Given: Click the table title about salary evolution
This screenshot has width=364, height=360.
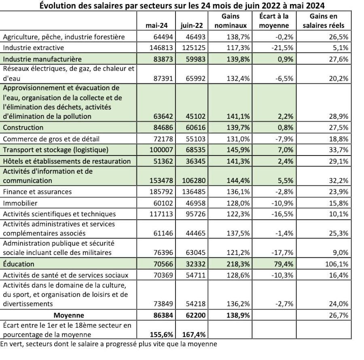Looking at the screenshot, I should [182, 6].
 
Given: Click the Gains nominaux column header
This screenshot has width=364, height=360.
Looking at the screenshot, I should [230, 21].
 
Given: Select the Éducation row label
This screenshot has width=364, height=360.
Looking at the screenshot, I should [19, 264].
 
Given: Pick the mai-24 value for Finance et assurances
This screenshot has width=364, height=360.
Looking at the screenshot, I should [161, 192].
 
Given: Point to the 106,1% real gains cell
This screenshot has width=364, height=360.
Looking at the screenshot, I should [338, 264].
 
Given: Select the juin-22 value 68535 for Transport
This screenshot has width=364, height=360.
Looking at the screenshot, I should [193, 150].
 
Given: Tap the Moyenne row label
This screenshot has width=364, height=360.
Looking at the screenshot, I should [68, 315].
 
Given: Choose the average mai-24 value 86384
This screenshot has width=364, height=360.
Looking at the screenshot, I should [161, 315].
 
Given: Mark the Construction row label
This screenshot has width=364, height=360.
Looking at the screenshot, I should [23, 127].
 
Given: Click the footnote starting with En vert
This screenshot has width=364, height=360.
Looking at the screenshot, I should [108, 344].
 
